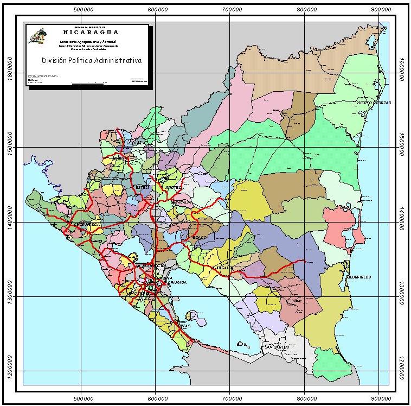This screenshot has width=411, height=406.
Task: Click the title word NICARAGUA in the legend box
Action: coord(87,32)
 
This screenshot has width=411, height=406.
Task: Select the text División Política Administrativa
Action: coord(92,61)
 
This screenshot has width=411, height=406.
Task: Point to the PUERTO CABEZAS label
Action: coord(373,103)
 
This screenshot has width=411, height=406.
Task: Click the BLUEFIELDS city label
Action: coord(358,277)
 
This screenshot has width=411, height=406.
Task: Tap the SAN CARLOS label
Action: coord(278,346)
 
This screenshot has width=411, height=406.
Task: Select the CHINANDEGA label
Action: coord(85,224)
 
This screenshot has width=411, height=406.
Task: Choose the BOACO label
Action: coord(201,237)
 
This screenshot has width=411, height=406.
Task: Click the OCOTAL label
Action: coord(134,143)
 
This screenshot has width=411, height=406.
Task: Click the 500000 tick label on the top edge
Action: coord(81,9)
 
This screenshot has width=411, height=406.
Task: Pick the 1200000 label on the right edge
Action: coord(401,371)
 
